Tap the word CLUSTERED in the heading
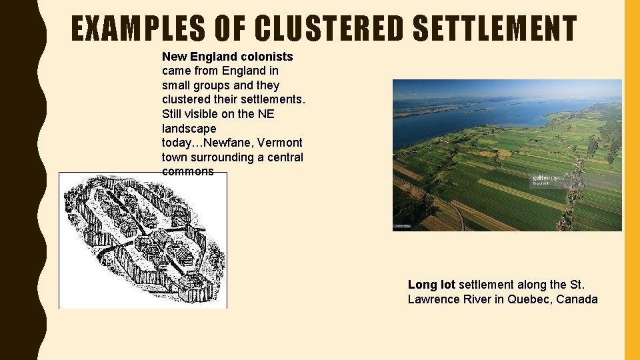pos(329,29)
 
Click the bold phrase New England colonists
pos(227,56)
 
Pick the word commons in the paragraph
pos(188,171)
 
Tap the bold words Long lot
pos(431,285)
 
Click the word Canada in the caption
pos(577,299)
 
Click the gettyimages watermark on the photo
pos(547,179)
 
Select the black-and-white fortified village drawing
pos(143,240)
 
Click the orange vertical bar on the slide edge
pos(631,180)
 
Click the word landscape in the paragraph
pos(189,128)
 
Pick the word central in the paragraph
pos(285,157)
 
